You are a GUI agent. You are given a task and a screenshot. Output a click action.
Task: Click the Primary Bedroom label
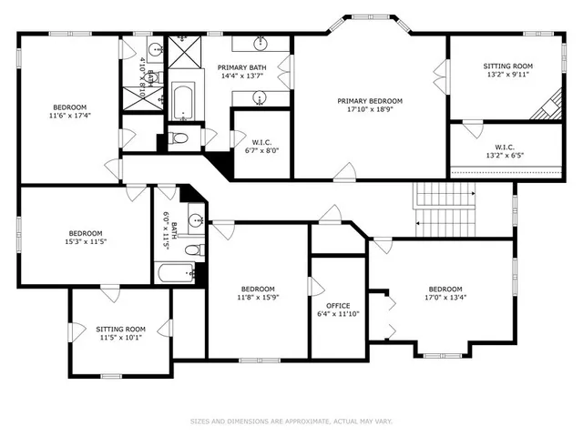tap(370, 101)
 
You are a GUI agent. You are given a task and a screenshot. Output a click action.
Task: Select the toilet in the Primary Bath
tap(179, 138)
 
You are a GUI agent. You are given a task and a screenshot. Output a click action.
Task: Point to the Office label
tap(338, 306)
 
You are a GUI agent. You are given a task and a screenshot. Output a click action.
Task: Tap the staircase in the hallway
tap(445, 208)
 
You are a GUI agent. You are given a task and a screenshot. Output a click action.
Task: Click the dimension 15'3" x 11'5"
tap(86, 242)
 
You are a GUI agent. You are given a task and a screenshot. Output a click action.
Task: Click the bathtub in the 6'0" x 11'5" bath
tap(176, 272)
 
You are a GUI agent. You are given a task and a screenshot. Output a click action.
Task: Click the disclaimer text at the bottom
tap(291, 421)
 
